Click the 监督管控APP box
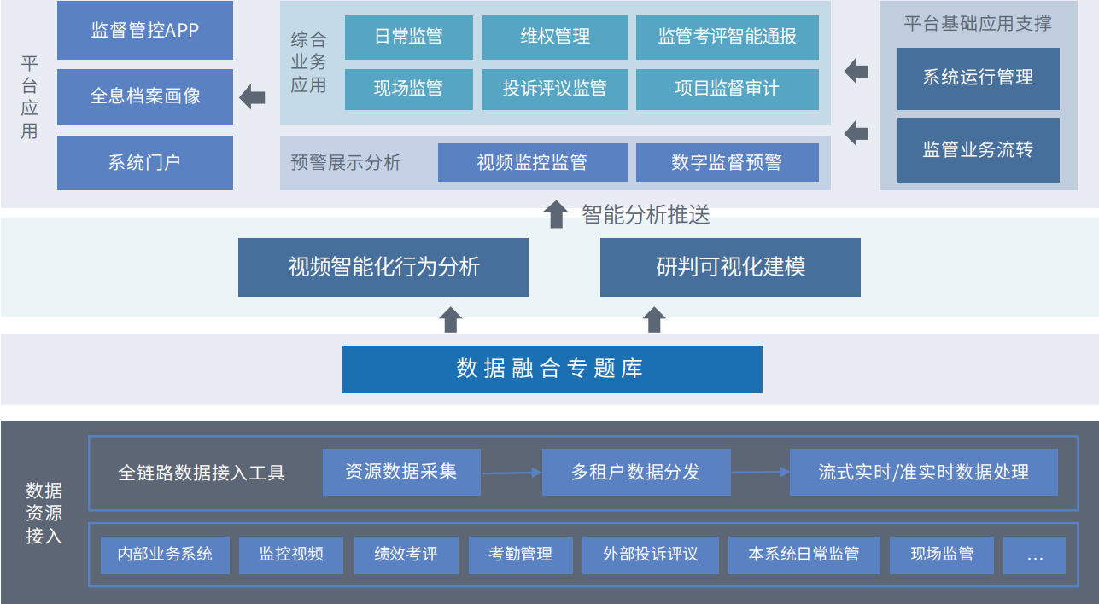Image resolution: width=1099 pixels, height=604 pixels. [144, 31]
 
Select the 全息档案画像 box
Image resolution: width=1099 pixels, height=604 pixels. [144, 96]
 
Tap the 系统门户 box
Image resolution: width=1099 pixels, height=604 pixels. [144, 162]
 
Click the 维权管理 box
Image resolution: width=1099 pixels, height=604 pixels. [554, 38]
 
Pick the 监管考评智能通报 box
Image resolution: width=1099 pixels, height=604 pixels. [727, 38]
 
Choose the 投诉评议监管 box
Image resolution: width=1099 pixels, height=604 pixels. [554, 89]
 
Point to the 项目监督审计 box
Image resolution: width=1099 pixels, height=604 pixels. [727, 89]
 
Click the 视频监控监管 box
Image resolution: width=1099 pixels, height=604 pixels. [532, 162]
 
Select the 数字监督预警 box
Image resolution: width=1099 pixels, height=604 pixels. [727, 162]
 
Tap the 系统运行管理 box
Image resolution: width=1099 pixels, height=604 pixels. [978, 78]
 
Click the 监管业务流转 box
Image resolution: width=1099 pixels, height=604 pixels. [978, 150]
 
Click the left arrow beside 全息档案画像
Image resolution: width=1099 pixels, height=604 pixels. [252, 97]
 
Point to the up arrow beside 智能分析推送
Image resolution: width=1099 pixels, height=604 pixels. [556, 214]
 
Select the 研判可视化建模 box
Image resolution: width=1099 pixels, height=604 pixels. [730, 267]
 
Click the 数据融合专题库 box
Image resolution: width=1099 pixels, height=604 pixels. [552, 369]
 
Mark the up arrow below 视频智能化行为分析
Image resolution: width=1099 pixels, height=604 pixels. [451, 320]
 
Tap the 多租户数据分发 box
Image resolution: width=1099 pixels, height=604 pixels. [635, 472]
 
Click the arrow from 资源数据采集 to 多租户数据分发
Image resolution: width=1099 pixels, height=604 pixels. [511, 472]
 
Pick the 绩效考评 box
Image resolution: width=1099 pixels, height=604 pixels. [406, 555]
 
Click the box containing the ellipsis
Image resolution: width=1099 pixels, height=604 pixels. [1034, 555]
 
